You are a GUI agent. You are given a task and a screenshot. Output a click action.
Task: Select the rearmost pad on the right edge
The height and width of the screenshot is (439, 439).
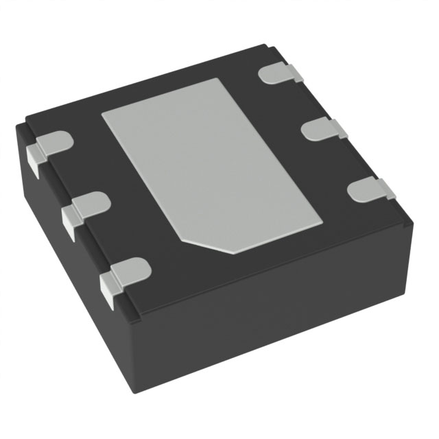coord(281,74)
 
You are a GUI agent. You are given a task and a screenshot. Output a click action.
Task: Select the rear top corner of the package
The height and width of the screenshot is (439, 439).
coord(264,47)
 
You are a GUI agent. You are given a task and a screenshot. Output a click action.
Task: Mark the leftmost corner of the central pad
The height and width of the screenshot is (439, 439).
coord(102,113)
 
